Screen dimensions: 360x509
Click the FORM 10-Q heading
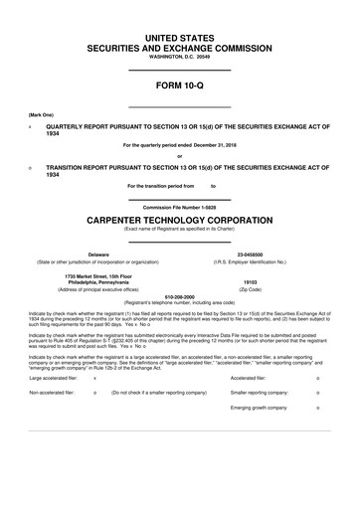(x=180, y=88)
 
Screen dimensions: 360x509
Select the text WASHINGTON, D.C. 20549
(x=180, y=57)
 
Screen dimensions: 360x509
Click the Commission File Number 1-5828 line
(x=180, y=207)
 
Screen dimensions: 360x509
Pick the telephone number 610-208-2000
(x=180, y=296)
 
